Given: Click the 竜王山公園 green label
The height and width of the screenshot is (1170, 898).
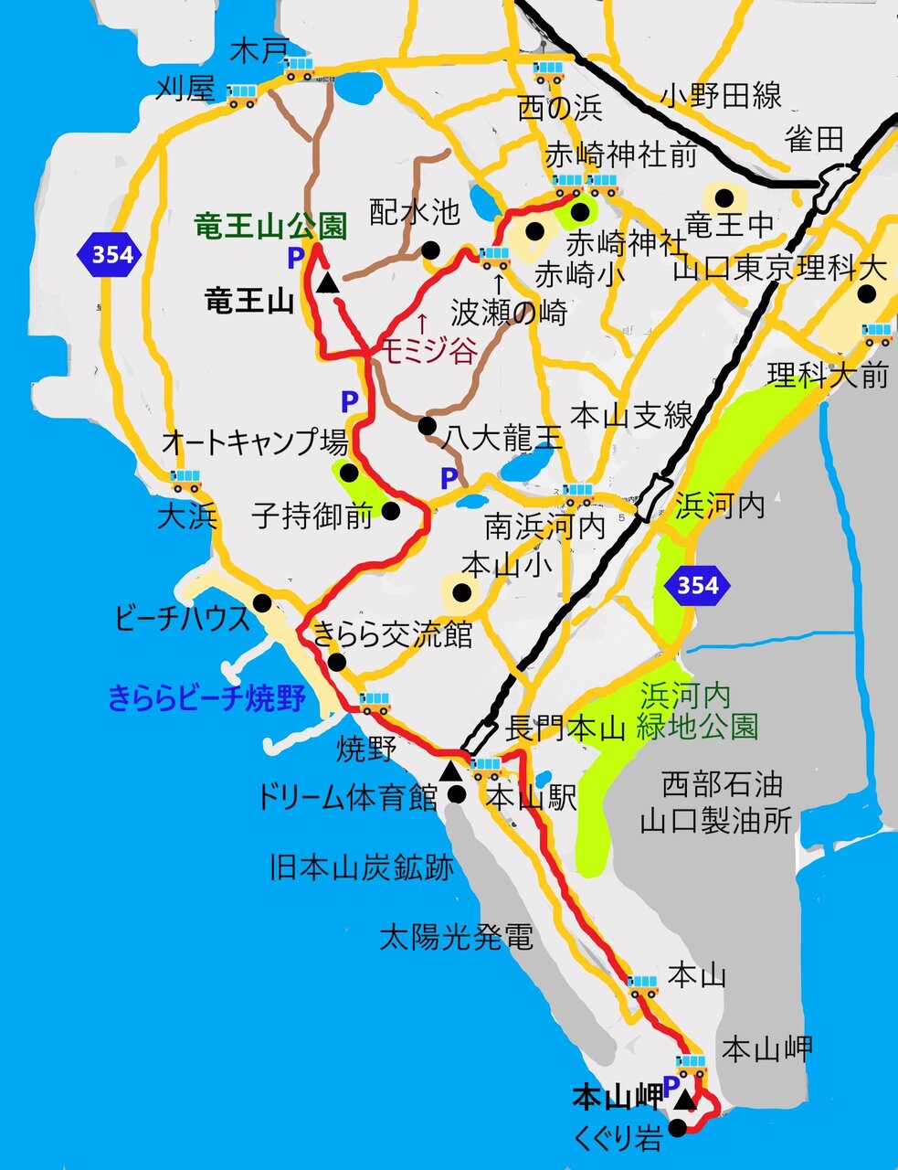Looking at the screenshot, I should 269,226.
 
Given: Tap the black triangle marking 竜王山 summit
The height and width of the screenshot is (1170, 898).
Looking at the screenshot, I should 328,283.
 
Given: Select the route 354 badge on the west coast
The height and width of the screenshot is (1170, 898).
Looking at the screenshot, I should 111,254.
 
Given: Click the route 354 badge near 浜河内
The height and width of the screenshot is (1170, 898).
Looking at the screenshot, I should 698,585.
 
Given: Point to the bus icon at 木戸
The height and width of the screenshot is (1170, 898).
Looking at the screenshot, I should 300,69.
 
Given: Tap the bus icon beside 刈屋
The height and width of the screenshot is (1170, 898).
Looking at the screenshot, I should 242,95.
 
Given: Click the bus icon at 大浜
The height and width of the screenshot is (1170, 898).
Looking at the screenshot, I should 185,481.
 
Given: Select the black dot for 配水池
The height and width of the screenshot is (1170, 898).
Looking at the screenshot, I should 430,249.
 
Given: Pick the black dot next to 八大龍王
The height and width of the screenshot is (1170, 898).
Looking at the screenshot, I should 427,426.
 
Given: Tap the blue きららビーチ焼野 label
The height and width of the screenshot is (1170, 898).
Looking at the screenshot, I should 206,699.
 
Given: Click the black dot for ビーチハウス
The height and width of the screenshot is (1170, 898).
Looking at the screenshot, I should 263,602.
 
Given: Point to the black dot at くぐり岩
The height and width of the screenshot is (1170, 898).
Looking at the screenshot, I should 677,1129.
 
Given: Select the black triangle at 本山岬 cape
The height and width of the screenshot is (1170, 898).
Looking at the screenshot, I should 686,1101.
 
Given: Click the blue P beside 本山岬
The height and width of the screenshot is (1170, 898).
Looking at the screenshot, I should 671,1088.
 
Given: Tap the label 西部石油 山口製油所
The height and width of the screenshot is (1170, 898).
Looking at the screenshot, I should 715,803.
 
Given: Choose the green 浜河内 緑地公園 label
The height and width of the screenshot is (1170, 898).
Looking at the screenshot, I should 699,711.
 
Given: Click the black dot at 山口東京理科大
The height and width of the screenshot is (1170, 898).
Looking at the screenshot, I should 865,294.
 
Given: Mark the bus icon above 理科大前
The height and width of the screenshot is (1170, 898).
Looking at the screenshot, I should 877,335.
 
